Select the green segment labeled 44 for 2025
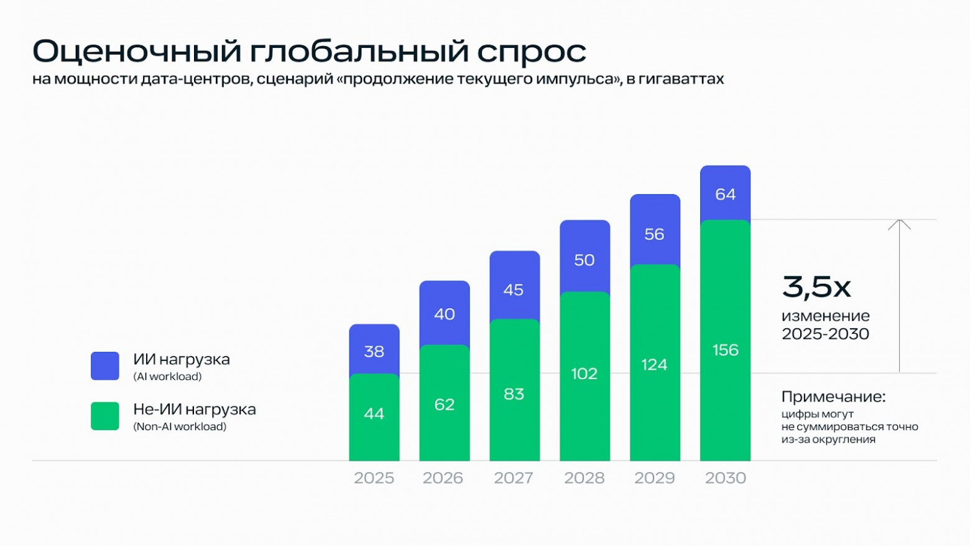point(374,417)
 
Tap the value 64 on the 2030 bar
point(725,194)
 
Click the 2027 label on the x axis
point(514,478)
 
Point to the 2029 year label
point(654,478)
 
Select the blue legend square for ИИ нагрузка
point(104,366)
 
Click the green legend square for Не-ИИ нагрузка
point(104,416)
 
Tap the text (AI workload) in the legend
point(167,377)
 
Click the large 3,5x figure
point(816,287)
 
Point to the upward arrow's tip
point(899,221)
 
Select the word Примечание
point(833,397)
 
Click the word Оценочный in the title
point(136,51)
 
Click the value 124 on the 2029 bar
point(654,364)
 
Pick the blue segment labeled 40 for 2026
point(444,313)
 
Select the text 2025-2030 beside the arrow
point(825,334)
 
